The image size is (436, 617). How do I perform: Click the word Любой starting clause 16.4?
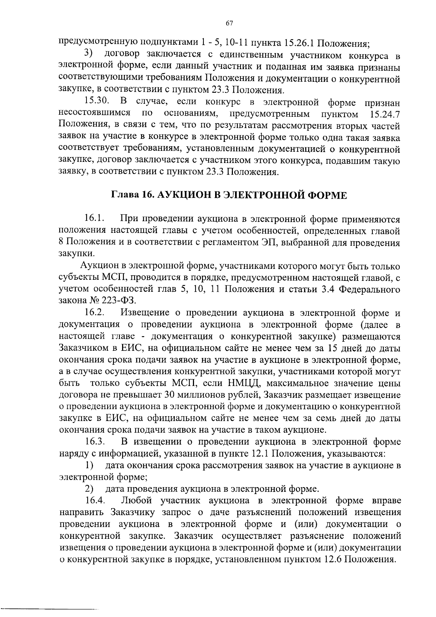click(x=135, y=501)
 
